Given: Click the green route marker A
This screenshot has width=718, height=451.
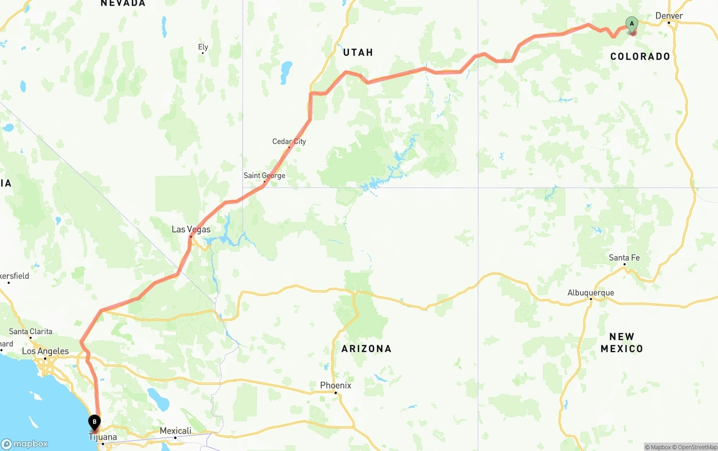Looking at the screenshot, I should pos(632,24).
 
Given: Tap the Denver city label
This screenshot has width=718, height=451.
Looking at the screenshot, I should pos(669,16).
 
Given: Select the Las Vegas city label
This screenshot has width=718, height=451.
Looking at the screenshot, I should pos(191,229).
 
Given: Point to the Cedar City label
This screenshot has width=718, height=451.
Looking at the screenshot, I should pos(289,142).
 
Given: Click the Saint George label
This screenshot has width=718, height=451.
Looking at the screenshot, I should pos(264,175).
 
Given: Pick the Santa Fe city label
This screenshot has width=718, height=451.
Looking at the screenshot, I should pos(624,258).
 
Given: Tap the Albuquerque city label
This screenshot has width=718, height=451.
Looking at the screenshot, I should pos(591,293).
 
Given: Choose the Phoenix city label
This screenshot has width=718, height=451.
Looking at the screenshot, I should pos(335,385).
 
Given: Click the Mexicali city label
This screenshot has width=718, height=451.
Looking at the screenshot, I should pos(175,431).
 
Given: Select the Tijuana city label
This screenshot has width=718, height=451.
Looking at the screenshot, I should pos(103,437).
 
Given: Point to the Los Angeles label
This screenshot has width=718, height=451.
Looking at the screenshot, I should pos(45,351).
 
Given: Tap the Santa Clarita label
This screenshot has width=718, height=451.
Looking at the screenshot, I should pos(30,331).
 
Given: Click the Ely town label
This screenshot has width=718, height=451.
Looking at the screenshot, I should pos(203,47).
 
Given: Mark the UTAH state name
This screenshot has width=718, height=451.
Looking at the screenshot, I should pos(358,52).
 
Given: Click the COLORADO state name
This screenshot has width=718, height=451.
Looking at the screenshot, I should pos(640,56).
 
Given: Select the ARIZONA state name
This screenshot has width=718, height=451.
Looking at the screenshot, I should pos(366,348).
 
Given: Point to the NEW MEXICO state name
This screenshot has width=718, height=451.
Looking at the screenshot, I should pos(622,343).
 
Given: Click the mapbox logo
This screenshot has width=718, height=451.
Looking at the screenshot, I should pos(25,444).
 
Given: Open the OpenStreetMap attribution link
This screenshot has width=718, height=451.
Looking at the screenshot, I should pos(696,447).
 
